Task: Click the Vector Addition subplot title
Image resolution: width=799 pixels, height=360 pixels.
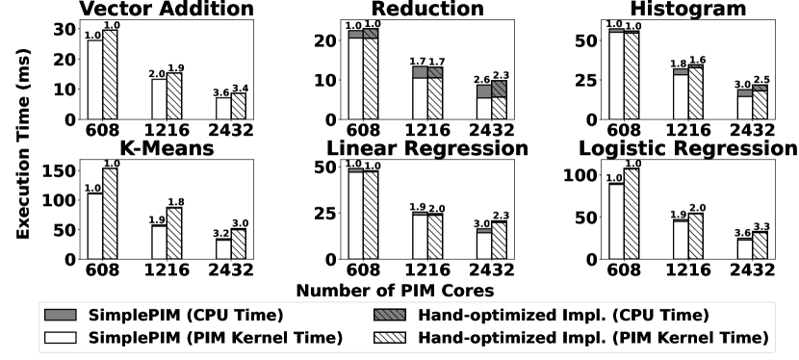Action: [x=167, y=10]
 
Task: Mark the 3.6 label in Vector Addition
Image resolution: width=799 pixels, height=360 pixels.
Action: [x=222, y=91]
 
